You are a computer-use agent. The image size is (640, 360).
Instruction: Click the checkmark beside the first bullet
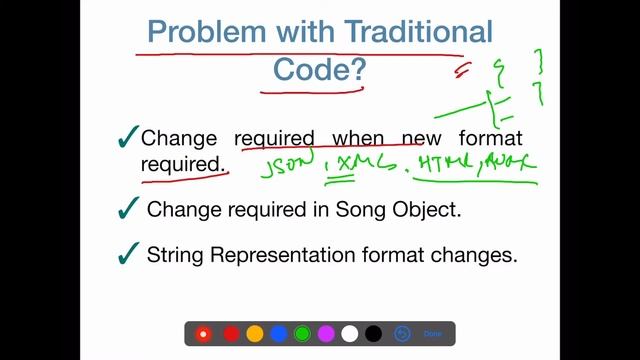[x=127, y=138]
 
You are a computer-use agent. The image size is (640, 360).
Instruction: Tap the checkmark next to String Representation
[x=127, y=254]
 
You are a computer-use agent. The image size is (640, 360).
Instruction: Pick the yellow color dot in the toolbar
[x=255, y=334]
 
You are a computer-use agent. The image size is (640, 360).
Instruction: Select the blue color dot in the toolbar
[x=279, y=334]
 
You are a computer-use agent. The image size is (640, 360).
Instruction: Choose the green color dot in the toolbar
[x=302, y=334]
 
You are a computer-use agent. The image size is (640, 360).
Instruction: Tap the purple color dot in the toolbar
[x=326, y=334]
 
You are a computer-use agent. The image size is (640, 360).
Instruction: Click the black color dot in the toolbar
[x=373, y=334]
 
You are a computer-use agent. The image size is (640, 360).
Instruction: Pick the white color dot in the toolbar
[x=349, y=334]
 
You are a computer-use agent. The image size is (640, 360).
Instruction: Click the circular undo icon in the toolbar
[x=403, y=334]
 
